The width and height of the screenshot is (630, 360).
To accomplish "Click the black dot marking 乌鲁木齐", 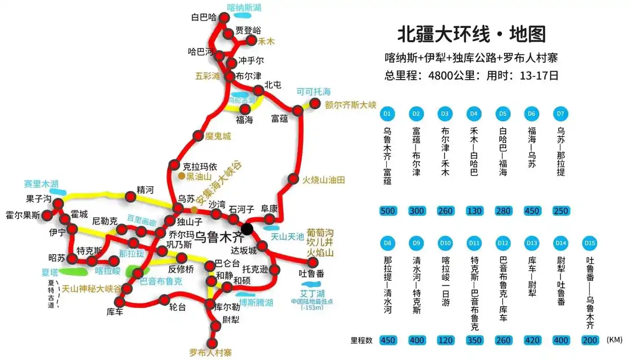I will pos(247,229).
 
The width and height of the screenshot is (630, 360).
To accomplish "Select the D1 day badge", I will pos(387,114).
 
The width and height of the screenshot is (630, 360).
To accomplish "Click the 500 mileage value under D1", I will pos(387,211).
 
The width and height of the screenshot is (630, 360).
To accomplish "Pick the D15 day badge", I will pos(589,243).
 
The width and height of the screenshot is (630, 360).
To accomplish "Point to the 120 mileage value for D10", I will pos(445,340).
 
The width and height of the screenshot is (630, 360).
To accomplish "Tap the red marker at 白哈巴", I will pos(224,18).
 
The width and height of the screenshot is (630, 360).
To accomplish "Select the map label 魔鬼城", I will pos(218,136).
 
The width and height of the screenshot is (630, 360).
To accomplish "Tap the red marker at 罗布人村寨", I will pos(212,344).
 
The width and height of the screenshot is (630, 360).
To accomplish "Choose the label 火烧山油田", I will pos(323,180).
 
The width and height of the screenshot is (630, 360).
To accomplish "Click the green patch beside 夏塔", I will pos(72,271).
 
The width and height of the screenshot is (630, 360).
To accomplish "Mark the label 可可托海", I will pos(313,92).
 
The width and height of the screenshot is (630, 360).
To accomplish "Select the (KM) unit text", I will pos(614,340).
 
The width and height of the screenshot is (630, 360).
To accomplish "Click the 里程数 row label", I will pos(362,340).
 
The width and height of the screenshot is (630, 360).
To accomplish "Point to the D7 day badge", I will pos(560,114).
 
